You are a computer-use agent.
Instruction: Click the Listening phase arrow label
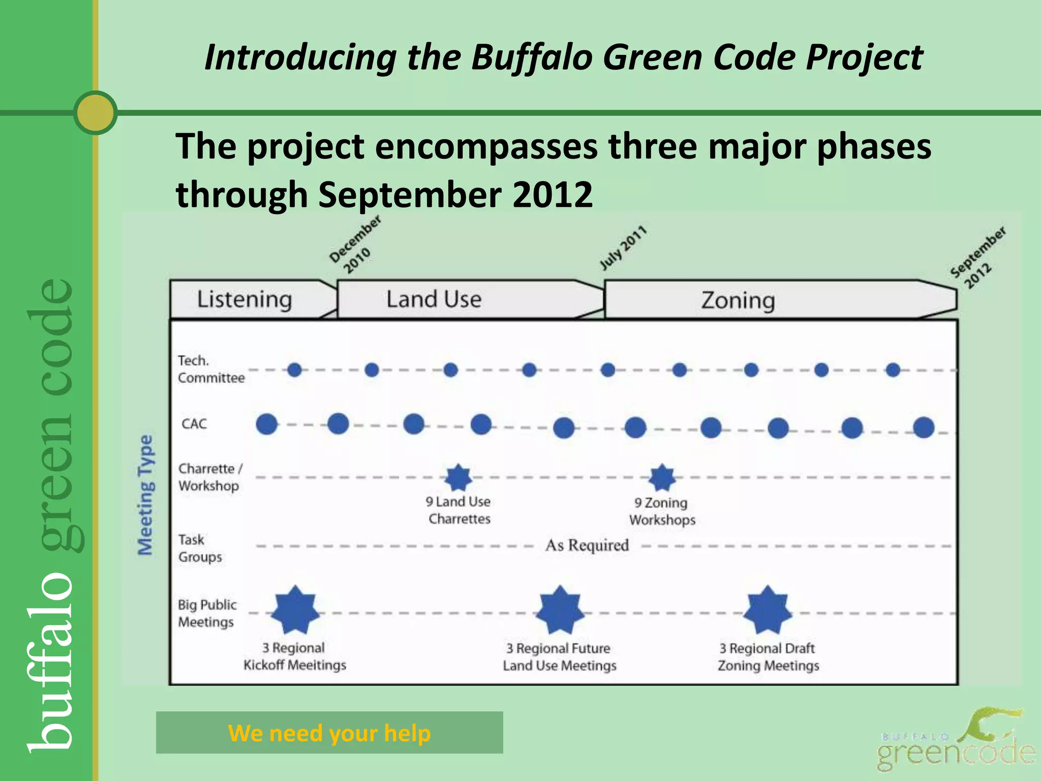[x=244, y=299]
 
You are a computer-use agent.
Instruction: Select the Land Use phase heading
[x=434, y=299]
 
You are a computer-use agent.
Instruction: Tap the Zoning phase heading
[x=738, y=301]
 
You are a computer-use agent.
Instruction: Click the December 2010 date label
[x=354, y=245]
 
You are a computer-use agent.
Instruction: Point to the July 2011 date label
[x=623, y=248]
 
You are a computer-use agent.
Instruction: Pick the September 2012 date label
[x=977, y=258]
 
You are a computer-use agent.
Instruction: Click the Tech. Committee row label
[x=210, y=369]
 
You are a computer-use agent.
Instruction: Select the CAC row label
[x=194, y=424]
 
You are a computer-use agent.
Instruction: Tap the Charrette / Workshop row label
[x=209, y=477]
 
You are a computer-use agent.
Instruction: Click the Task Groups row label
[x=200, y=548]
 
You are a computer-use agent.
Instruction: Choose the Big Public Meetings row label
[x=207, y=613]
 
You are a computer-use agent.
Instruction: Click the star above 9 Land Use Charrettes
[x=458, y=477]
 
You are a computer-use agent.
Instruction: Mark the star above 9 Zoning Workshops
[x=662, y=477]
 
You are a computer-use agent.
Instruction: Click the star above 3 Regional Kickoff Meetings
[x=295, y=610]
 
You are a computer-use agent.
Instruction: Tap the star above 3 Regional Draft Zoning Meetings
[x=768, y=610]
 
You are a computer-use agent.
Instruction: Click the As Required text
[x=587, y=546]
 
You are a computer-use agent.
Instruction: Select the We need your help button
[x=329, y=733]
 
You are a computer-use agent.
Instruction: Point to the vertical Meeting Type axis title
[x=145, y=495]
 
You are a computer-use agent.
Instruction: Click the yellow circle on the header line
[x=96, y=112]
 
